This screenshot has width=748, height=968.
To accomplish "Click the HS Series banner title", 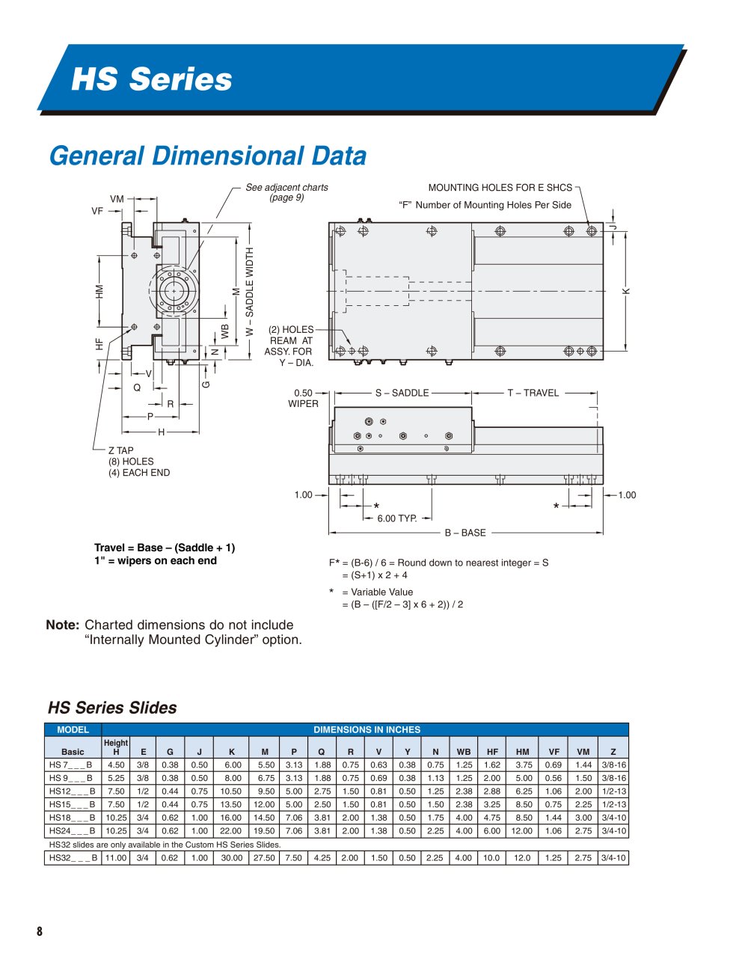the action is pos(152,79).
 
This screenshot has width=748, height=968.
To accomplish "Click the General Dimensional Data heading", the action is pos(208,156).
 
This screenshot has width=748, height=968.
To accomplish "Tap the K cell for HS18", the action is pos(231,818).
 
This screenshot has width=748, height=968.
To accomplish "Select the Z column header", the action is pos(613,752).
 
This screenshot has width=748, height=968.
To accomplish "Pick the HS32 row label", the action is pos(73,857).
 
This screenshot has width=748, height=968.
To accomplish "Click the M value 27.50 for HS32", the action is pos(264,857).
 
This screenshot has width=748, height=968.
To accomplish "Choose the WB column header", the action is pos(464,752).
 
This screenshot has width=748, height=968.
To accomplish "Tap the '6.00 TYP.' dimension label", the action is pos(397,518).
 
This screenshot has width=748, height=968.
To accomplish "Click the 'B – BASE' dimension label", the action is pos(465,533).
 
